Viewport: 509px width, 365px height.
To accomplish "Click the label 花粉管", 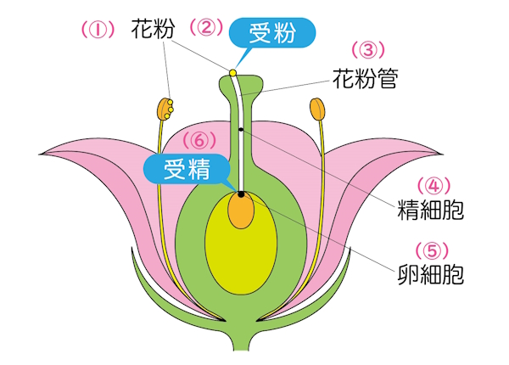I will pyautogui.click(x=364, y=79).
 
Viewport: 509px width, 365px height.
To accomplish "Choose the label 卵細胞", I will pyautogui.click(x=431, y=274).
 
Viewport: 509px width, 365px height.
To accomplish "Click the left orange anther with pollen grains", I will pyautogui.click(x=165, y=109).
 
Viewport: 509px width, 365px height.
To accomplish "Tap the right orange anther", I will pyautogui.click(x=318, y=109).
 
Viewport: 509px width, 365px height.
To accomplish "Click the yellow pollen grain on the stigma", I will pyautogui.click(x=232, y=72).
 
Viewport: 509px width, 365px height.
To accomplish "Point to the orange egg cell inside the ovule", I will pyautogui.click(x=241, y=211).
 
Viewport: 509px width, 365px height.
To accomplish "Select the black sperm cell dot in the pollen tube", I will pyautogui.click(x=241, y=129).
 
